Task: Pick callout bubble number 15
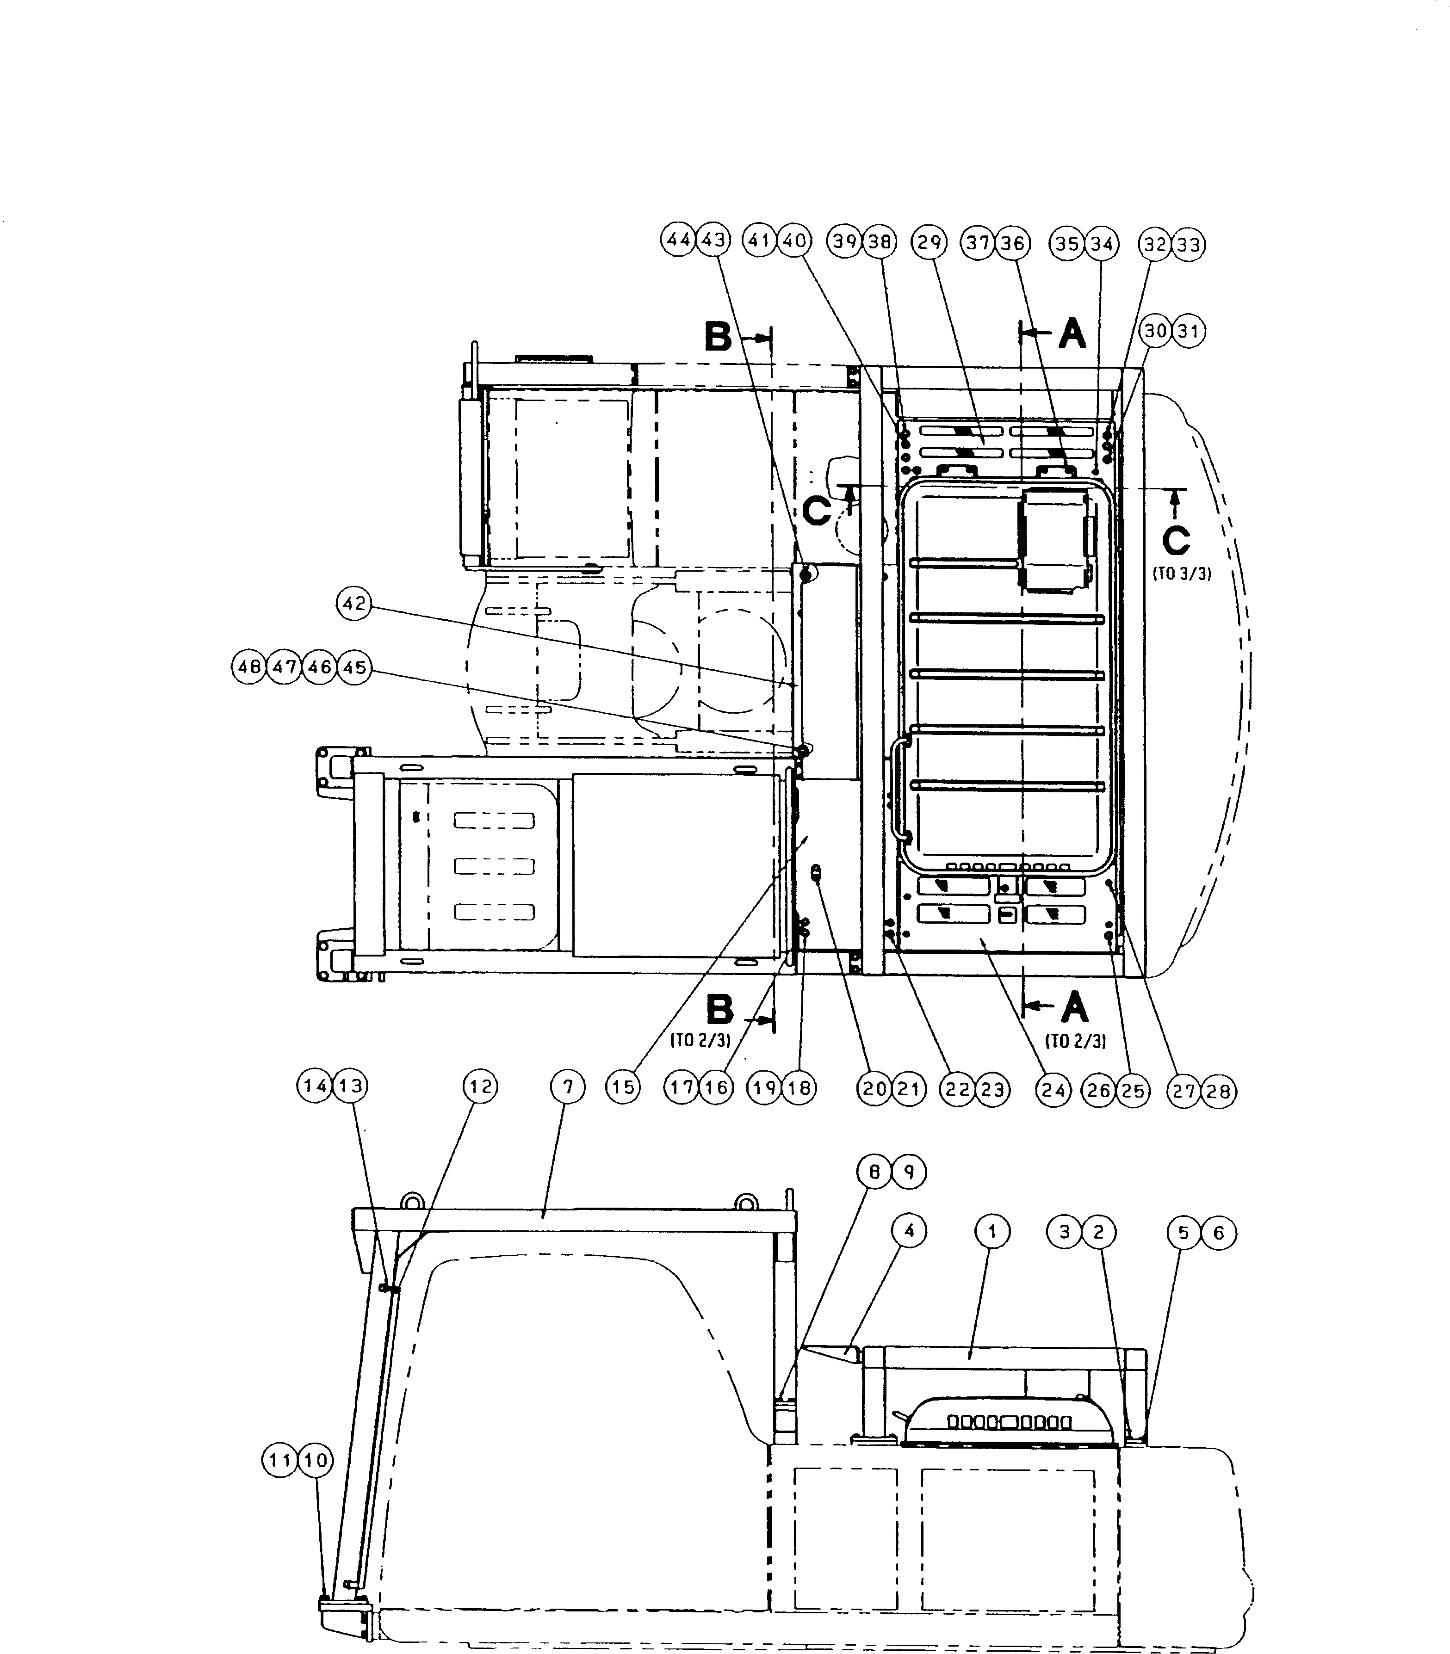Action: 623,1088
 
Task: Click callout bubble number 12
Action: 481,1086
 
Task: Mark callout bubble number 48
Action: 248,668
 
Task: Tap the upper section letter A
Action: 1072,333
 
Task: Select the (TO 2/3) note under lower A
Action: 1075,1042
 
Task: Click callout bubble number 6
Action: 1219,1234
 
